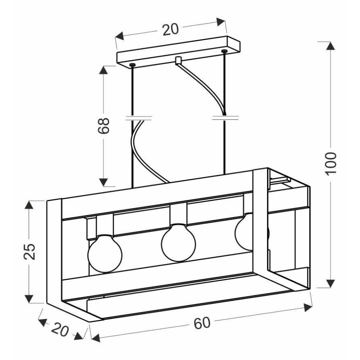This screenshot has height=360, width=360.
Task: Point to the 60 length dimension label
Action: point(202,323)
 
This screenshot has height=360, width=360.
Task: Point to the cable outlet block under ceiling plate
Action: point(178,60)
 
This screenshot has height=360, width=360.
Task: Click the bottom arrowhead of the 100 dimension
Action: point(330,283)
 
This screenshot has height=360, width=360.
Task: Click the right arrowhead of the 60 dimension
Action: point(308,307)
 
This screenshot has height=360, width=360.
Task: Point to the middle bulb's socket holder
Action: point(178,213)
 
